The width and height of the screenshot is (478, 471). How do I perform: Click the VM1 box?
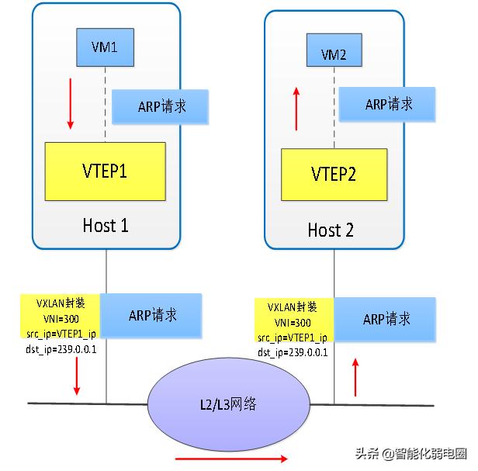(x=105, y=47)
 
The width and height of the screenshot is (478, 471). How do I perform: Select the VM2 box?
(x=334, y=54)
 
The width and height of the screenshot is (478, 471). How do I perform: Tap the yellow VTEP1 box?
(x=105, y=171)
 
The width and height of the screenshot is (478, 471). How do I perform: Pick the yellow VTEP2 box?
(x=334, y=175)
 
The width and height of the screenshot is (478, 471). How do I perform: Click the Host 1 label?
(x=105, y=226)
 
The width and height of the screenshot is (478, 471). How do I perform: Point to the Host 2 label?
(x=331, y=230)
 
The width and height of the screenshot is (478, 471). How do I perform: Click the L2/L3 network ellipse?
(x=228, y=403)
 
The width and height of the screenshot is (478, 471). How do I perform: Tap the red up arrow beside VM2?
(x=296, y=109)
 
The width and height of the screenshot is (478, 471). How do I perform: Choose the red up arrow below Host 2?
(x=356, y=376)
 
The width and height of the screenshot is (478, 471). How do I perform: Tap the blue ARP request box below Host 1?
(x=151, y=314)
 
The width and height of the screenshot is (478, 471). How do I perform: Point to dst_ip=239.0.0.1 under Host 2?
(x=293, y=352)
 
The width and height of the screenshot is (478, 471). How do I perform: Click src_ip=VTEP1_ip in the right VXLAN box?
(x=293, y=338)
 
